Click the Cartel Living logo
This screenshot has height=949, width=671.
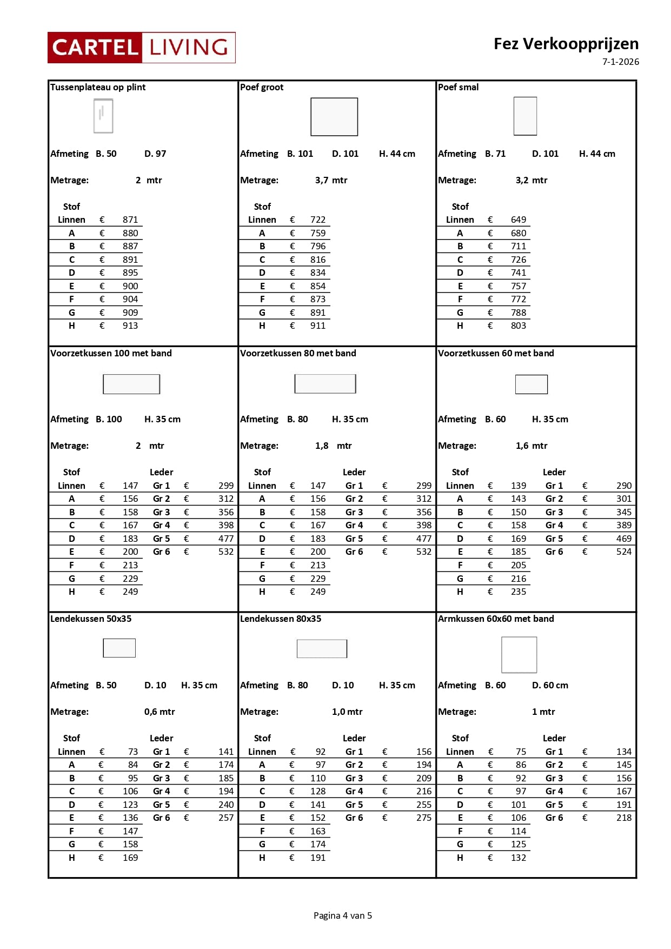142,48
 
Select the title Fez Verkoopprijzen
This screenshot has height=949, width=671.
566,44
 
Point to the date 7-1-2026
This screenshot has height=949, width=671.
620,62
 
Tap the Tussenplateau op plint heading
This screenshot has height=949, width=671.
98,87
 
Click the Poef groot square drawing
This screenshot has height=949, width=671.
334,117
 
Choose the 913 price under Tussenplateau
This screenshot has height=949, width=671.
130,326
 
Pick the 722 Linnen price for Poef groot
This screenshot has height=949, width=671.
318,220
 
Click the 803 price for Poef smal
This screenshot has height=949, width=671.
518,326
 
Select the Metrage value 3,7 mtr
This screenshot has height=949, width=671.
331,180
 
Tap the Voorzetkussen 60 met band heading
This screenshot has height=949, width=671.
496,353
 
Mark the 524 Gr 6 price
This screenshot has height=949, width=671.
623,552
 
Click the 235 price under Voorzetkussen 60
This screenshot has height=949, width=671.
518,592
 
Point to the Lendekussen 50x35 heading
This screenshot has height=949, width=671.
91,619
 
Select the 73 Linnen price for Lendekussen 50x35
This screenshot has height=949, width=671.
133,752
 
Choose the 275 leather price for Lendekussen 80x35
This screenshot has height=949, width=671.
424,818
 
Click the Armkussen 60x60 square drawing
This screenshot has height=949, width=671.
519,654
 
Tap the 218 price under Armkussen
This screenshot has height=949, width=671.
623,818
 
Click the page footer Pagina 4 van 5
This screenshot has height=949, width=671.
343,915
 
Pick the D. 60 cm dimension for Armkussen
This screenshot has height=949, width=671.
550,685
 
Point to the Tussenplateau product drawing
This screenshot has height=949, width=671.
103,116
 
